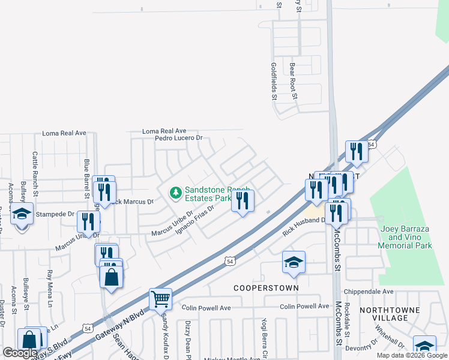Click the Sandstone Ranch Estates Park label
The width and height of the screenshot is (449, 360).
click(208, 193)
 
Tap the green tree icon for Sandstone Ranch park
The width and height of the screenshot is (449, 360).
click(176, 193)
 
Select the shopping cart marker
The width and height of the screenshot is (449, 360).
click(160, 298)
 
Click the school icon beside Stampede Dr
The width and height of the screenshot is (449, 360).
click(22, 214)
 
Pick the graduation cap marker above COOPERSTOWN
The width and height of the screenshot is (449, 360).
click(294, 263)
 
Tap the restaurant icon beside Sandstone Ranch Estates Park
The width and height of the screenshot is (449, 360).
click(243, 202)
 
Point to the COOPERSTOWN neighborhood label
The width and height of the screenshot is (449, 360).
click(267, 288)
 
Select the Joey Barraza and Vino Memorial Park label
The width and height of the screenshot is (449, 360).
click(406, 238)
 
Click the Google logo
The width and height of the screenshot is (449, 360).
click(20, 353)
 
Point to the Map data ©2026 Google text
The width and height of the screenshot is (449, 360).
click(412, 355)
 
